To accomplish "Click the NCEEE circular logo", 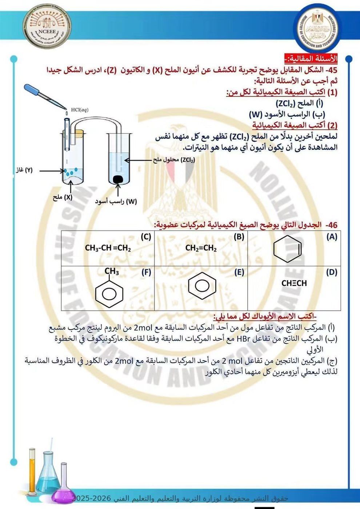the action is point(47,26).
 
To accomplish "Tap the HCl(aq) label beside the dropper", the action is point(80,110).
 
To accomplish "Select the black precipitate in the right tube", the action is point(118,180).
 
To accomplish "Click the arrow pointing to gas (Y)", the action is point(52,171).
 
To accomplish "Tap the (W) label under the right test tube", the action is point(132,201).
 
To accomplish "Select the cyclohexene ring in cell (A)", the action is point(288,249).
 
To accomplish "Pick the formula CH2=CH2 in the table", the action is point(201,248).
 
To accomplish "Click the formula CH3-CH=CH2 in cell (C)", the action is point(108,248).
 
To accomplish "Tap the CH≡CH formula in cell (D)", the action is point(294,283).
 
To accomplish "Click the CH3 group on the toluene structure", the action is point(112,271).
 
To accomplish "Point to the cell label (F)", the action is point(146,272).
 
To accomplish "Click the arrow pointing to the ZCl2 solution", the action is point(138,160).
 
